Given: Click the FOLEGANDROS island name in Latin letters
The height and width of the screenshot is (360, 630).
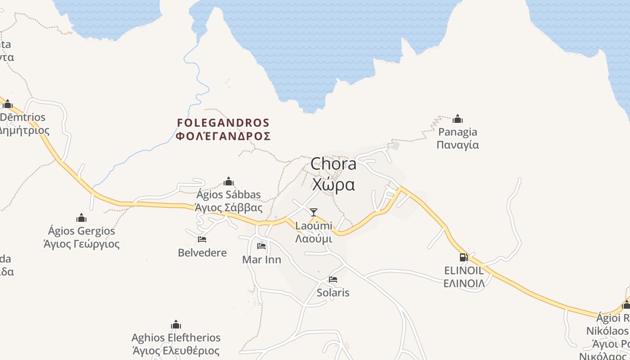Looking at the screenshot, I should tap(223, 123).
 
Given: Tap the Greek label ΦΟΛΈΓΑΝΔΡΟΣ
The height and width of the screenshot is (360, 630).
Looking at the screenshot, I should tap(223, 136).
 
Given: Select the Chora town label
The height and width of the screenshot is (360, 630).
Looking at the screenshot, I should tap(333, 164).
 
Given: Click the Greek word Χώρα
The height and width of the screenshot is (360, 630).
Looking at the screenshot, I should tap(333, 184).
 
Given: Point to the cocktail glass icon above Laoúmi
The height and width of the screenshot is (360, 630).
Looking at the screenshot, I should tap(314, 212).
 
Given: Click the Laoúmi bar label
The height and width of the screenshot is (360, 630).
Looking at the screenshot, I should tap(314, 225).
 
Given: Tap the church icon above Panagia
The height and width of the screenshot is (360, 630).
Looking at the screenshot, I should tap(458, 119).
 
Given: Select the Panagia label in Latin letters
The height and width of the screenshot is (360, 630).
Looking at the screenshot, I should tap(458, 132).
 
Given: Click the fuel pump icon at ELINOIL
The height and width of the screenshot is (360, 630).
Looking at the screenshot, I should tap(463, 257).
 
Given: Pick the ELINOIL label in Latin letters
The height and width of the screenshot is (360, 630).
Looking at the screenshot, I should tap(464, 270).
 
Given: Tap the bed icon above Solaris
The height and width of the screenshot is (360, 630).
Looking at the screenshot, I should tap(333, 279).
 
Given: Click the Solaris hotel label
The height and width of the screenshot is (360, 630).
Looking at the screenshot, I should tap(333, 292).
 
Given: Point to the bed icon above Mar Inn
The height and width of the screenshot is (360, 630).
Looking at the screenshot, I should tap(261, 246).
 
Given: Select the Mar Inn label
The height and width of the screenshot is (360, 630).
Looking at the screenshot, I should tap(261, 260).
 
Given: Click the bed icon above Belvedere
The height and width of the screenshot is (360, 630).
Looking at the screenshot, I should tap(202, 239).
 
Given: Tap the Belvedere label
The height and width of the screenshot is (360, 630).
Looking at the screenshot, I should tap(202, 252).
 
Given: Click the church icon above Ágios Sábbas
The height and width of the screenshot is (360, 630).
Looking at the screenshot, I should tap(229, 182).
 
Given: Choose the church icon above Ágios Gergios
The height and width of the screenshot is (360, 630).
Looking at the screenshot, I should tap(81, 218).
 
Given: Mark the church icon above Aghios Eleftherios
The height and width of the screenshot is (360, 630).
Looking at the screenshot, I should tap(176, 325).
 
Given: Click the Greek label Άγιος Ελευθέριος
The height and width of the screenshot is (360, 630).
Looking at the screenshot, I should tap(176, 351).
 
